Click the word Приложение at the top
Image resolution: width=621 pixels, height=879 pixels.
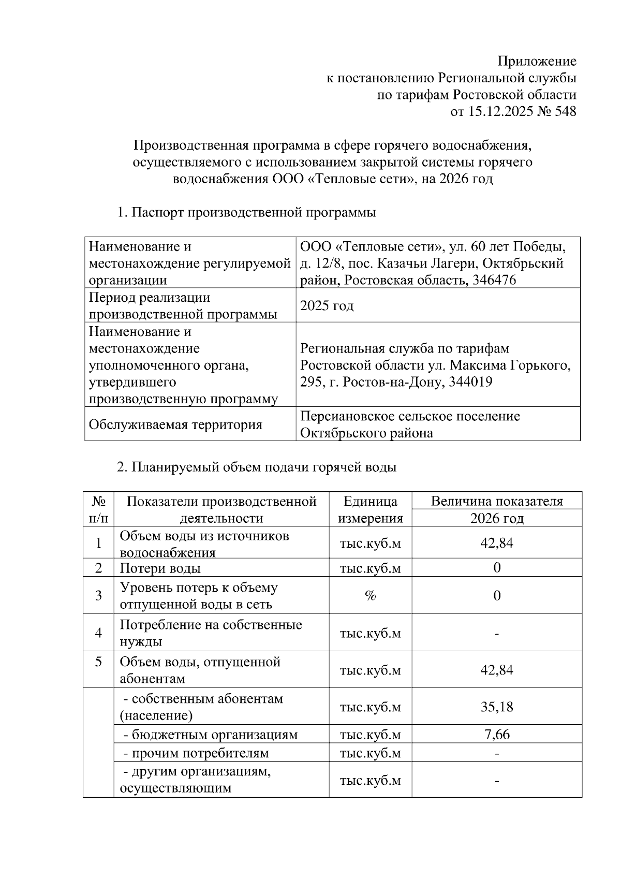[x=537, y=61]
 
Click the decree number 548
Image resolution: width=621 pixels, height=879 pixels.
[x=565, y=111]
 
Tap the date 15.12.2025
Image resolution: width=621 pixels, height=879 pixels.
[x=499, y=111]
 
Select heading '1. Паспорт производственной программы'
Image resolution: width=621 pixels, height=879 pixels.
[x=246, y=212]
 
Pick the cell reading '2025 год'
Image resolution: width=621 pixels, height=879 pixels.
[x=327, y=305]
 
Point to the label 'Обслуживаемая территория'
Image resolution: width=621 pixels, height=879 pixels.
[x=175, y=424]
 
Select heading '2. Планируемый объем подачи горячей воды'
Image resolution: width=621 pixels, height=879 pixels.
[x=257, y=467]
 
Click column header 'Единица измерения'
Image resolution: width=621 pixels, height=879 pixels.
[x=370, y=509]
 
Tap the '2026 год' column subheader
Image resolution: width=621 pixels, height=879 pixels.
[x=497, y=518]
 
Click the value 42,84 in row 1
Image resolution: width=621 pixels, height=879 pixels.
[x=497, y=543]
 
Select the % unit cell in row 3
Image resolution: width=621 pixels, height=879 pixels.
[x=370, y=596]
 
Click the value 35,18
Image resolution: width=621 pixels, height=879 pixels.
[x=497, y=707]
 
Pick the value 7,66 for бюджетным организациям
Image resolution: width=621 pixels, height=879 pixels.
[x=497, y=735]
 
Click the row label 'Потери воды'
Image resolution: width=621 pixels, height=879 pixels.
[x=160, y=568]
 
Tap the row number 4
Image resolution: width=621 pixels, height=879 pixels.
[x=98, y=633]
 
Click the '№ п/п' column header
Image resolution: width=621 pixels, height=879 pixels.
[x=98, y=509]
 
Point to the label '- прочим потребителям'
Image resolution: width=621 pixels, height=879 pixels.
[x=196, y=753]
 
